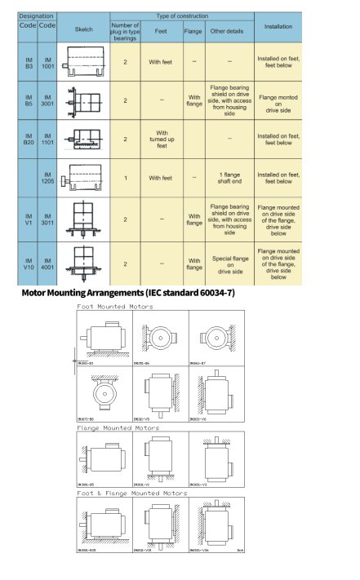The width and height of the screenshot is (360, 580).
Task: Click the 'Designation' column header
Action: pos(37,15)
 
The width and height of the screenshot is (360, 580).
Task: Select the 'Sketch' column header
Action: pos(83,27)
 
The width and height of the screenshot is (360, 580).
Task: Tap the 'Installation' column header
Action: pos(278,27)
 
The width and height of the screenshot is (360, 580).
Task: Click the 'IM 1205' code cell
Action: pos(47,177)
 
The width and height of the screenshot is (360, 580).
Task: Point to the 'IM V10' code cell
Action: pos(27,263)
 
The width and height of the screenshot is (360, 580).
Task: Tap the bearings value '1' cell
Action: pos(125,177)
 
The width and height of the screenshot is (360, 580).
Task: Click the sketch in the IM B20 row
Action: pos(83,139)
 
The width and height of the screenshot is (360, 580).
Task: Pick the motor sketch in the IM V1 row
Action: pos(83,219)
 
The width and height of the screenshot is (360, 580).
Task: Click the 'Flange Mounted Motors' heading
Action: pos(118,427)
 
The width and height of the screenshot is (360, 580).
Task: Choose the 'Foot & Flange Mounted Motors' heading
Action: pos(131,493)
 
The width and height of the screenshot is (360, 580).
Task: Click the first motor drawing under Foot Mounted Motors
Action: pos(102,339)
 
